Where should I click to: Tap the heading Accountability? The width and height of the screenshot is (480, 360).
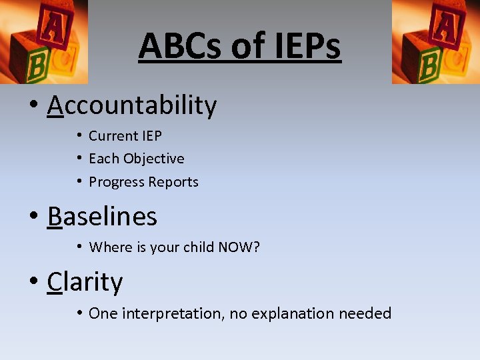coord(132,105)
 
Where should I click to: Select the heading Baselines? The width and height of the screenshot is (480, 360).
coord(102,216)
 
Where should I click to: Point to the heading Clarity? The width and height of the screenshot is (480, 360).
coord(85,281)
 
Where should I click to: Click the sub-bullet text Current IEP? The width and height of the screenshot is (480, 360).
coord(125,136)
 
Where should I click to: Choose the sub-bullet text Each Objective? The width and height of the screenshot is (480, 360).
coord(137,159)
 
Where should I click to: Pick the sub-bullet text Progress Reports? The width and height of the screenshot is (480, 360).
coord(144,182)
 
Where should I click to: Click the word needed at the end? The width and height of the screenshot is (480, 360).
coord(365,313)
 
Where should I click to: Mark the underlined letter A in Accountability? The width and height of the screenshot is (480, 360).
coord(55,105)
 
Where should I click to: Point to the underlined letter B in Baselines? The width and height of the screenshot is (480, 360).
coord(54,216)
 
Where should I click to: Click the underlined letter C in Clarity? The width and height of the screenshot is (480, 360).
coord(54,281)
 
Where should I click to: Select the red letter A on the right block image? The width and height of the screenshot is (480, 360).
coord(441,27)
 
